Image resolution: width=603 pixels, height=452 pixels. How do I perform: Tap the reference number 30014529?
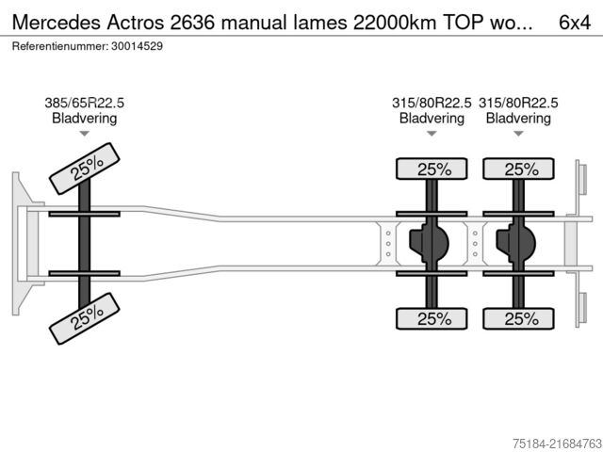pyautogui.click(x=135, y=45)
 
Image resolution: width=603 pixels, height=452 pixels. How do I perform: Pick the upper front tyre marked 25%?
pyautogui.click(x=86, y=169)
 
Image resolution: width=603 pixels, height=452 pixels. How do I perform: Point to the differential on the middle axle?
pyautogui.click(x=428, y=243)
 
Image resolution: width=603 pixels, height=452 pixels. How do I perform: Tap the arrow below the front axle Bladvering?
pyautogui.click(x=84, y=134)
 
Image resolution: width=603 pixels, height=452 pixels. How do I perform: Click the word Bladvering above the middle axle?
pyautogui.click(x=432, y=119)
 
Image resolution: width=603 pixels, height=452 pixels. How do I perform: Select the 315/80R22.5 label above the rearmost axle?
pyautogui.click(x=518, y=104)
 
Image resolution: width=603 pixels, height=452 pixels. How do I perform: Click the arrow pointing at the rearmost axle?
pyautogui.click(x=518, y=134)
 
